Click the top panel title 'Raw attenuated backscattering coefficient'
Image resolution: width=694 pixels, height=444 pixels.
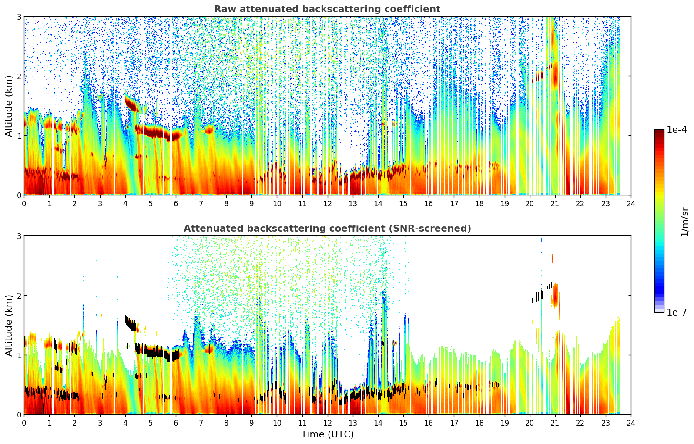coord(327,9)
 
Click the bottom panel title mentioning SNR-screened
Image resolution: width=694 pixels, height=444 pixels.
coord(327,229)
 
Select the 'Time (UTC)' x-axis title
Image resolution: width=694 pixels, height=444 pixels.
coord(327,434)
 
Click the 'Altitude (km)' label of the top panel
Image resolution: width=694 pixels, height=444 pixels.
coord(9,106)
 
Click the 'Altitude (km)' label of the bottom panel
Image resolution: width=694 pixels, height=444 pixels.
coord(9,325)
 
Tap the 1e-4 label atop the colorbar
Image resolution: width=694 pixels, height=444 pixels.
coord(677,130)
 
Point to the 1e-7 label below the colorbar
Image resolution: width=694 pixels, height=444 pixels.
coord(677,312)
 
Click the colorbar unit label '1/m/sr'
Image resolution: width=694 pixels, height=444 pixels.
coord(685,222)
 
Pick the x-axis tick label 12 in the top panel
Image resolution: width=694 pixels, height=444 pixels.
coord(327,204)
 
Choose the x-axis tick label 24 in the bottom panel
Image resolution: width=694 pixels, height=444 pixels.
coord(630,423)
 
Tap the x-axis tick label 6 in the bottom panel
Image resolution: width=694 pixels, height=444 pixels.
coord(176,423)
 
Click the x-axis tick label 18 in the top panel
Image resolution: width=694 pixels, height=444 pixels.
coord(479,204)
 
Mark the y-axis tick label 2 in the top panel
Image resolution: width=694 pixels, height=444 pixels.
coord(19,76)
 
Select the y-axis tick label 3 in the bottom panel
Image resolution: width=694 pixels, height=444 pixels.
coord(19,236)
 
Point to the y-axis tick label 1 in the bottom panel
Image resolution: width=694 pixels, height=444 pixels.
coord(19,355)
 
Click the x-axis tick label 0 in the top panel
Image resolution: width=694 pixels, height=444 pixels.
coord(24,204)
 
